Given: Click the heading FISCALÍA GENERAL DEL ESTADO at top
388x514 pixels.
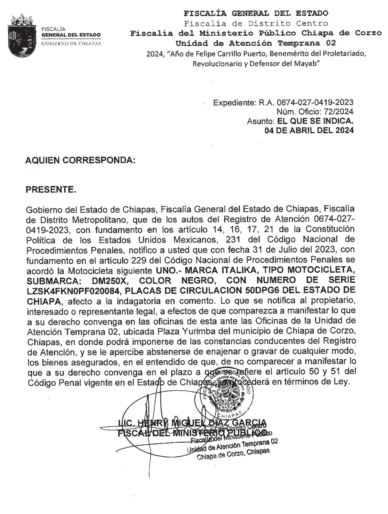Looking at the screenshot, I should click(x=256, y=13).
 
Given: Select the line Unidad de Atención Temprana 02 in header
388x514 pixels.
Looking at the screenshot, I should click(x=256, y=43).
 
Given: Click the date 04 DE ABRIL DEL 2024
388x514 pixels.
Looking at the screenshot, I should click(x=309, y=130).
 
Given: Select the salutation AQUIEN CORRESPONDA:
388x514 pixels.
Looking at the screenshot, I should click(x=80, y=160).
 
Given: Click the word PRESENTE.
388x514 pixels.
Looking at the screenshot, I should click(x=51, y=190).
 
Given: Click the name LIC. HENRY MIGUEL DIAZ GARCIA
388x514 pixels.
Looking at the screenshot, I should click(x=192, y=423).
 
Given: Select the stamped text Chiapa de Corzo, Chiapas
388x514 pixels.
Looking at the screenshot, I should click(x=233, y=454).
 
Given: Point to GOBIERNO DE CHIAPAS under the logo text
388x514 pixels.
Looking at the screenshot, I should click(x=71, y=43).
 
